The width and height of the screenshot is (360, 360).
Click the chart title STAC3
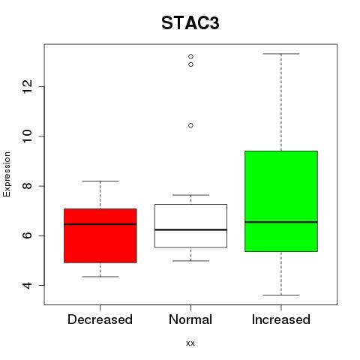(x=190, y=23)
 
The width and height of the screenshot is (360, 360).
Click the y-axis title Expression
(x=7, y=174)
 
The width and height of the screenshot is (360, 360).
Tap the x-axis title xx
(x=190, y=343)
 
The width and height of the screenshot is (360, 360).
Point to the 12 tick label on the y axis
(x=28, y=87)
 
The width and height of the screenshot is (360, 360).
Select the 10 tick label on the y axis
(x=28, y=136)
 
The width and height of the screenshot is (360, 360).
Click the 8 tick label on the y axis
(x=28, y=186)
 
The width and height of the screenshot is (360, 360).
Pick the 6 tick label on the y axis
(x=28, y=235)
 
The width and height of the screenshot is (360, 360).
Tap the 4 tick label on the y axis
(x=28, y=285)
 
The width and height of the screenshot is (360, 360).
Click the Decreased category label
(x=100, y=319)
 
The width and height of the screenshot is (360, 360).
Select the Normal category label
(x=190, y=319)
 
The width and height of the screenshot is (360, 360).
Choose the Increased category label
(x=281, y=319)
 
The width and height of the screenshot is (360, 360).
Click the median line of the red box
(x=100, y=224)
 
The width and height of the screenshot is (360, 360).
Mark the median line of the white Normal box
(x=190, y=229)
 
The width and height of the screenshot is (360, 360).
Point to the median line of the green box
(x=281, y=222)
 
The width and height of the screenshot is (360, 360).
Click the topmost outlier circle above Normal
(x=190, y=56)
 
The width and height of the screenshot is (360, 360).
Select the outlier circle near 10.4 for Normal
(x=190, y=125)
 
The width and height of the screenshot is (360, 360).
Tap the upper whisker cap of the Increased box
(x=281, y=54)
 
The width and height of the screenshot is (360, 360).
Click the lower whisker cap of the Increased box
(x=281, y=295)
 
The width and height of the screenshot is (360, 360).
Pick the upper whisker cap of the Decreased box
(x=100, y=181)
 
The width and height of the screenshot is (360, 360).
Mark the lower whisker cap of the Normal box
(x=190, y=261)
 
